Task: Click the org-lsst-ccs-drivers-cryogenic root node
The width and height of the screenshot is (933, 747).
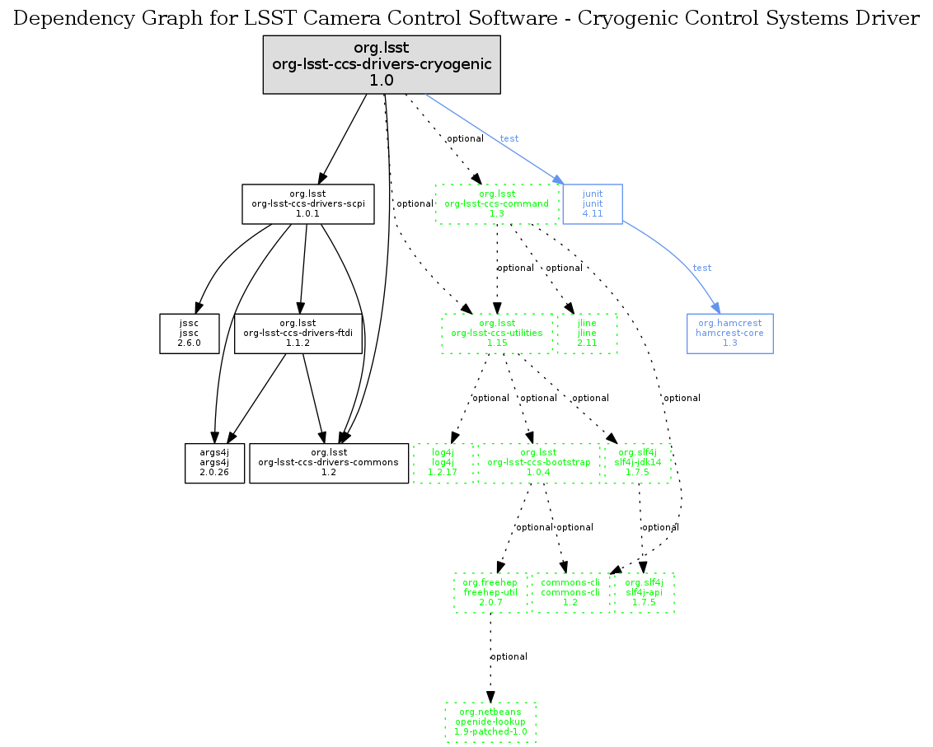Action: point(382,65)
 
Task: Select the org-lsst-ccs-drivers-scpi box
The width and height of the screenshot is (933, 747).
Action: point(308,203)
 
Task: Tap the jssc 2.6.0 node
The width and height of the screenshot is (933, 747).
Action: point(190,333)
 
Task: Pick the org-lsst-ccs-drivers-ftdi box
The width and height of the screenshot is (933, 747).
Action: point(298,333)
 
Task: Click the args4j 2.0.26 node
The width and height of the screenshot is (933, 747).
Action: point(214,463)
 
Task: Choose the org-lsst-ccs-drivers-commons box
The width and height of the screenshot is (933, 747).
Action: point(329,463)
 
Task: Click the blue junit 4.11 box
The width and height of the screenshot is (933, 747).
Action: point(592,203)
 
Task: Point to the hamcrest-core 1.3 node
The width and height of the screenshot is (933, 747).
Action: point(729,333)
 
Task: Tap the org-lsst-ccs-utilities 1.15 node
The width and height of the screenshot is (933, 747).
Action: point(496,333)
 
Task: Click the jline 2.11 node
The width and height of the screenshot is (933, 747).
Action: point(587,333)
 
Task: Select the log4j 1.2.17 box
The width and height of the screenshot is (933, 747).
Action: point(443,463)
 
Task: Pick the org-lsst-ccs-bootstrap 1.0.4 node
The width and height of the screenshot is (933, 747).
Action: point(539,463)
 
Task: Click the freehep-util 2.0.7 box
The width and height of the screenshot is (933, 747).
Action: point(490,592)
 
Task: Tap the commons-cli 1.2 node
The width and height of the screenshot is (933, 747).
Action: point(570,592)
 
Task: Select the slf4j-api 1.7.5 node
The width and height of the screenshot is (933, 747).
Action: point(643,592)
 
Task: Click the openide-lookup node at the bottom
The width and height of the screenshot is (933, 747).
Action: point(490,721)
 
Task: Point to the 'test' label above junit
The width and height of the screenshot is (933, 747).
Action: point(509,138)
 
